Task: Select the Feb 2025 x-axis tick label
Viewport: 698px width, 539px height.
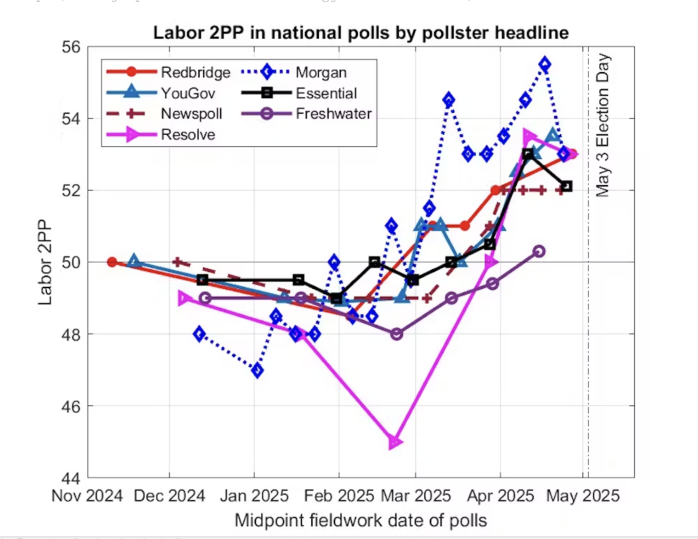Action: pyautogui.click(x=339, y=496)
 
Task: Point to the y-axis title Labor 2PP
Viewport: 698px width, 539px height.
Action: pyautogui.click(x=46, y=262)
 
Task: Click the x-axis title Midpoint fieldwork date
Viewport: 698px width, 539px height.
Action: pyautogui.click(x=361, y=521)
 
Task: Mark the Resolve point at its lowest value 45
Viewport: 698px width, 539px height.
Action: pyautogui.click(x=395, y=442)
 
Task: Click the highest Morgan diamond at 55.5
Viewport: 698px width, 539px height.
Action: pyautogui.click(x=545, y=64)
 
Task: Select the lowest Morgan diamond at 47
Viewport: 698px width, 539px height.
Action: pyautogui.click(x=257, y=371)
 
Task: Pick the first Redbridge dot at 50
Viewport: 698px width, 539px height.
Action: pyautogui.click(x=112, y=262)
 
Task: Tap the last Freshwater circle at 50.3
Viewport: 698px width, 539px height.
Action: pyautogui.click(x=539, y=251)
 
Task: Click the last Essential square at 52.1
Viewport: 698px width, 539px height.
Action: pyautogui.click(x=566, y=186)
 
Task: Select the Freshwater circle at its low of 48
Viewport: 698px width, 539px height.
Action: pyautogui.click(x=396, y=334)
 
